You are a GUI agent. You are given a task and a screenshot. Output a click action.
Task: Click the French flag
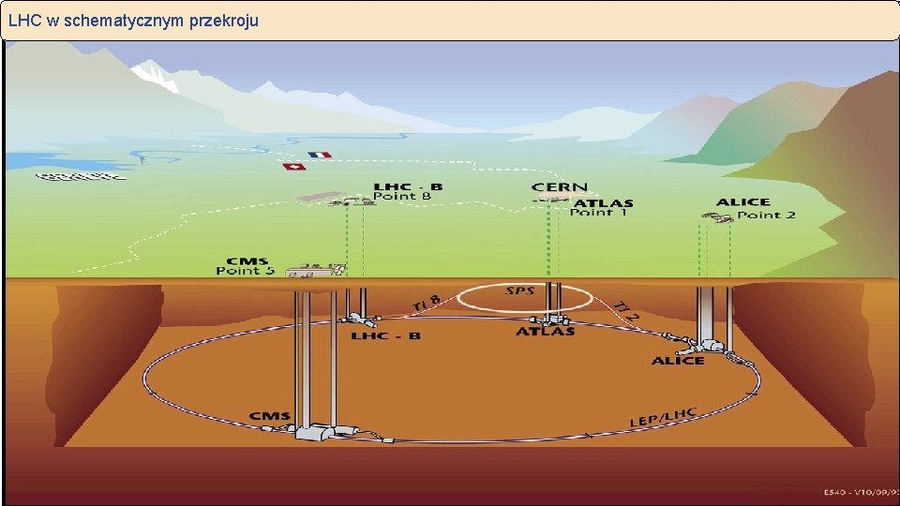pyautogui.click(x=320, y=155)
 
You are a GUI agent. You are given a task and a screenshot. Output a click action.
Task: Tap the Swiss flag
pyautogui.click(x=294, y=167)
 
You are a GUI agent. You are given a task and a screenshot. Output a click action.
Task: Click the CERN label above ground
pyautogui.click(x=561, y=188)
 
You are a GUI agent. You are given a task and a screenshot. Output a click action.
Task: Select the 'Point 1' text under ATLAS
pyautogui.click(x=598, y=213)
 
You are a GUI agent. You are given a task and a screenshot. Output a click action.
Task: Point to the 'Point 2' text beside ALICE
pyautogui.click(x=766, y=215)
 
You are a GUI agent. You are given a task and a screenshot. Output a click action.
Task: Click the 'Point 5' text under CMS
pyautogui.click(x=246, y=272)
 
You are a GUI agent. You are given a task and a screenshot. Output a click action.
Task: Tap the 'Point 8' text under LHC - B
pyautogui.click(x=402, y=197)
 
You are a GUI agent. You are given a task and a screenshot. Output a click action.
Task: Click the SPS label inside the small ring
pyautogui.click(x=520, y=291)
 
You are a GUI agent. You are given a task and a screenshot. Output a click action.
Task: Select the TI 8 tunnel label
pyautogui.click(x=426, y=302)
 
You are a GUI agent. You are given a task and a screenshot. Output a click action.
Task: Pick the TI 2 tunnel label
pyautogui.click(x=627, y=310)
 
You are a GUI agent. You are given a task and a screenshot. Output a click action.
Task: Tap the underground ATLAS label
pyautogui.click(x=546, y=332)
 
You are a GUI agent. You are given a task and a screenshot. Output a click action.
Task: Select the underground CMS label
pyautogui.click(x=270, y=416)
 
